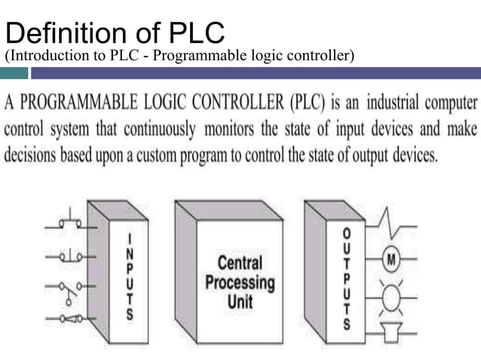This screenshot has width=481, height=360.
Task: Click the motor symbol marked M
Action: tap(391, 261)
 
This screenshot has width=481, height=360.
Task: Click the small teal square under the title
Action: tap(14, 73)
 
